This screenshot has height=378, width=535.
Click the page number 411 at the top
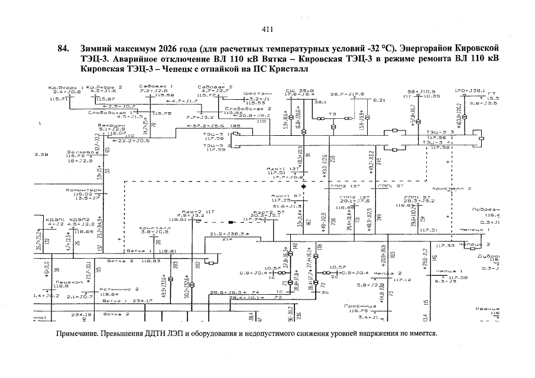(267, 30)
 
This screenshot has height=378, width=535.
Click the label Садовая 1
(152, 86)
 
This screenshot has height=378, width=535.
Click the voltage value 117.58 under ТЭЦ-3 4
(440, 147)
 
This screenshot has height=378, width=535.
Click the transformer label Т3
(332, 113)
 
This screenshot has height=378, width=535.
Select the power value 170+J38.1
(470, 91)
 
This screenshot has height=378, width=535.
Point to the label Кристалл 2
(452, 188)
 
